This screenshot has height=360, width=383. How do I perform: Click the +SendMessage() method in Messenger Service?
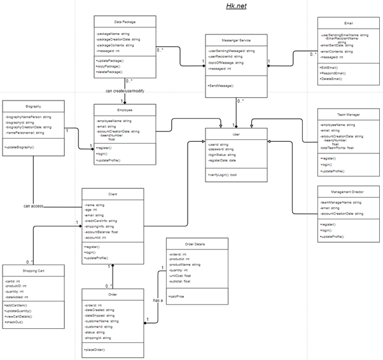pyautogui.click(x=221, y=85)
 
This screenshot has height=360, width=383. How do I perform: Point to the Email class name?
pyautogui.click(x=348, y=23)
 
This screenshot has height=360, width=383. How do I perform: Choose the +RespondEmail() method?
pyautogui.click(x=335, y=73)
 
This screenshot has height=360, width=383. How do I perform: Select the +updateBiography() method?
pyautogui.click(x=22, y=147)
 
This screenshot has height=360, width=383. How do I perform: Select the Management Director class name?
pyautogui.click(x=347, y=191)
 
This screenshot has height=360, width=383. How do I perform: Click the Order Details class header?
pyautogui.click(x=195, y=244)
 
